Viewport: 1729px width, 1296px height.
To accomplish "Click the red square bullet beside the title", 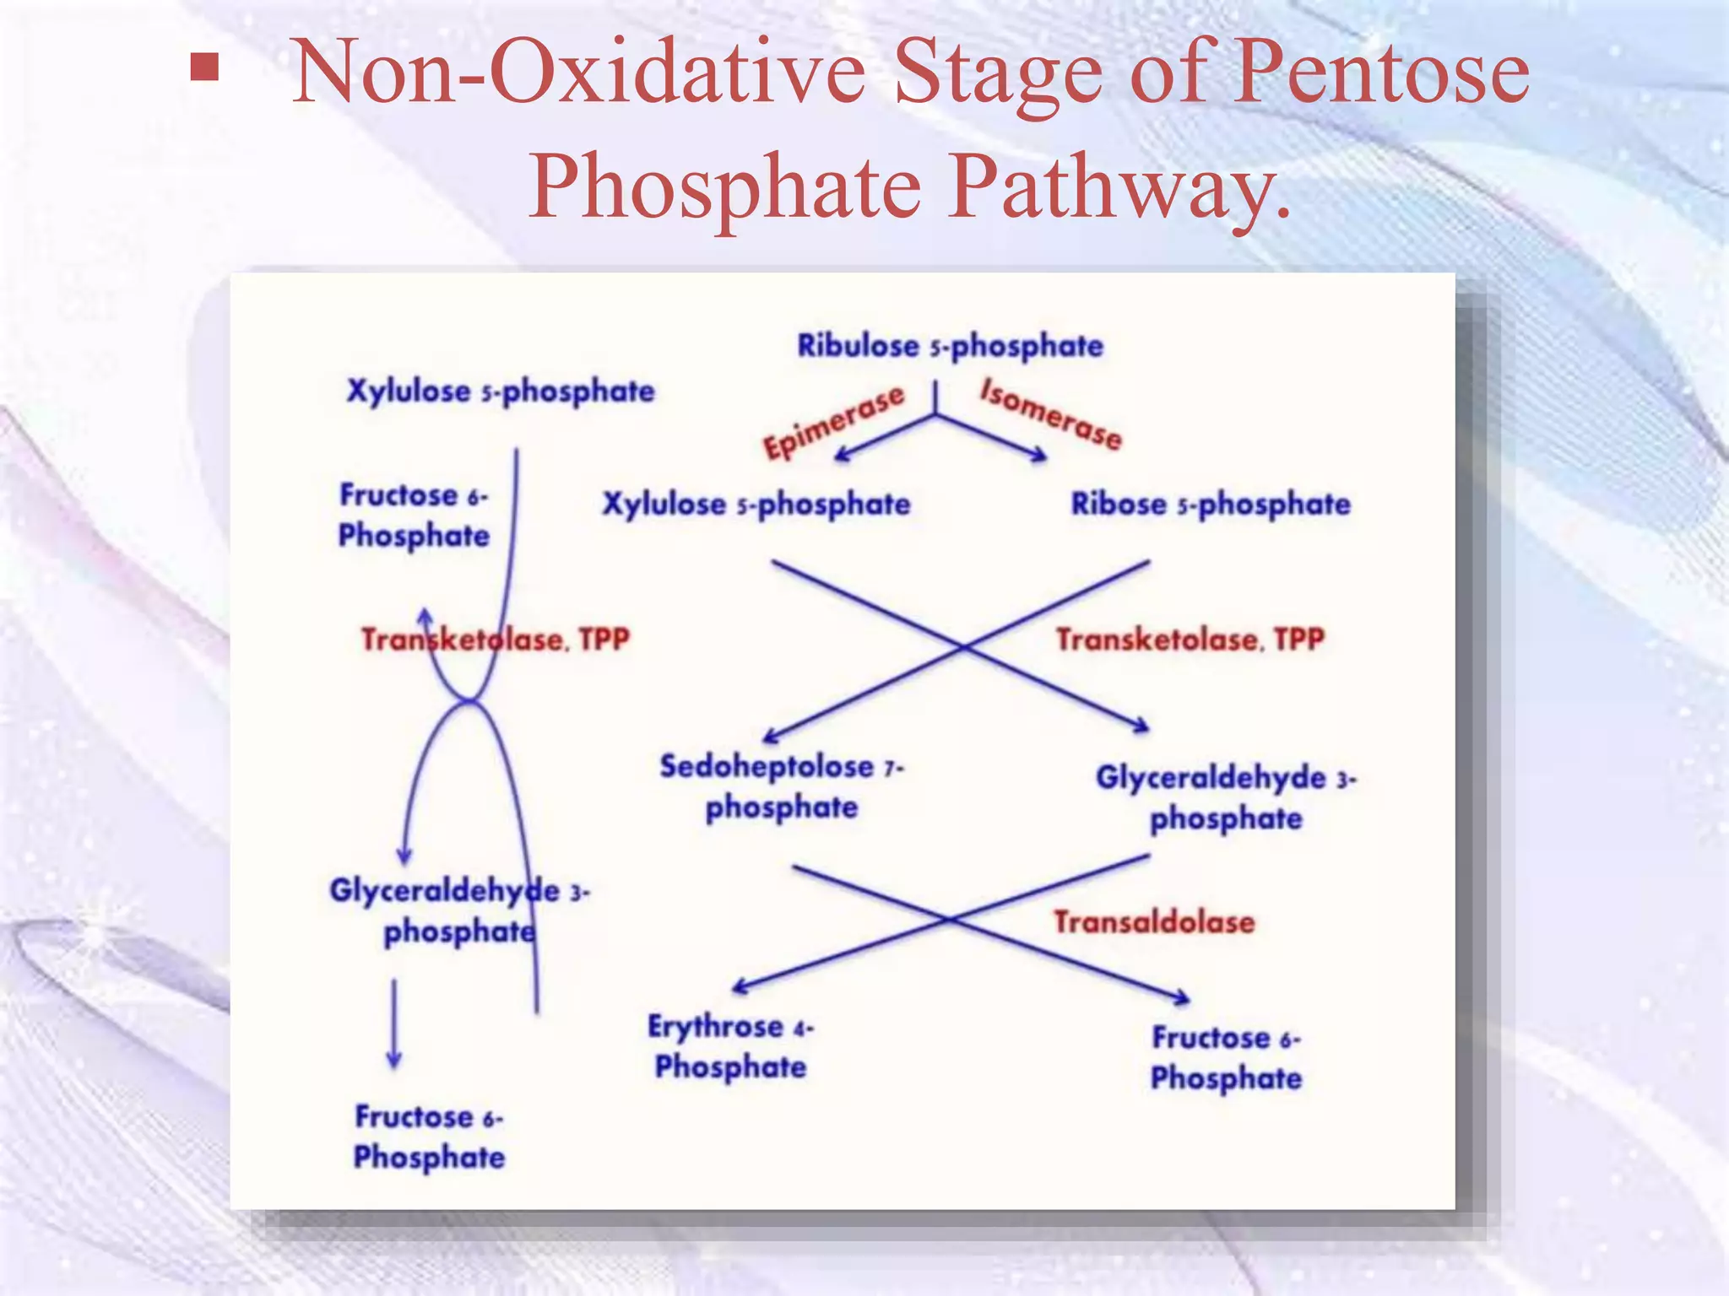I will (x=204, y=67).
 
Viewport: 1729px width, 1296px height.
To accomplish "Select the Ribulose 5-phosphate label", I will (x=950, y=345).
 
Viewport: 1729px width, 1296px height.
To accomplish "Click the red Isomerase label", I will (x=1051, y=414).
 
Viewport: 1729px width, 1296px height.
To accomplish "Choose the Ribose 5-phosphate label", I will (x=1211, y=504).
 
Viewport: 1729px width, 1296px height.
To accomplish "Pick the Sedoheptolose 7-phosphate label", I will (x=782, y=786).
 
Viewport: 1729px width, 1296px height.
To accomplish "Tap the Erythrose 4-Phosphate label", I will (x=730, y=1046).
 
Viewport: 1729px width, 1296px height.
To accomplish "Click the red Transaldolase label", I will (x=1154, y=922).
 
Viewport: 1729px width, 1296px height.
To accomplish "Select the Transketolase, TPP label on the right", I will (x=1190, y=640).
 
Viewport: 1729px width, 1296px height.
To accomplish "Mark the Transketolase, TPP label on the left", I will (x=496, y=640).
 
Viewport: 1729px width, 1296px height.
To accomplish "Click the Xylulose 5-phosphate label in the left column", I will (x=501, y=391).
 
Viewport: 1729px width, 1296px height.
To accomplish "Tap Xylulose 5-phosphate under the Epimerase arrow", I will (x=756, y=505).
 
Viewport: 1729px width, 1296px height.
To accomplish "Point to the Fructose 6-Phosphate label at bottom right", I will (x=1226, y=1057).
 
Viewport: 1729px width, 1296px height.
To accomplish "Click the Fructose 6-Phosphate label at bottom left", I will (x=429, y=1137).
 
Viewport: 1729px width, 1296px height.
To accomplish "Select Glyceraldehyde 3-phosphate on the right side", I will (x=1226, y=797).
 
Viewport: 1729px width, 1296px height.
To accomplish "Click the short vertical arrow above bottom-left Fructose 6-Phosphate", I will (x=393, y=1023).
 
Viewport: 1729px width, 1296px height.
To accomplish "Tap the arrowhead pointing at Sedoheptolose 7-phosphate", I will (x=770, y=737).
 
